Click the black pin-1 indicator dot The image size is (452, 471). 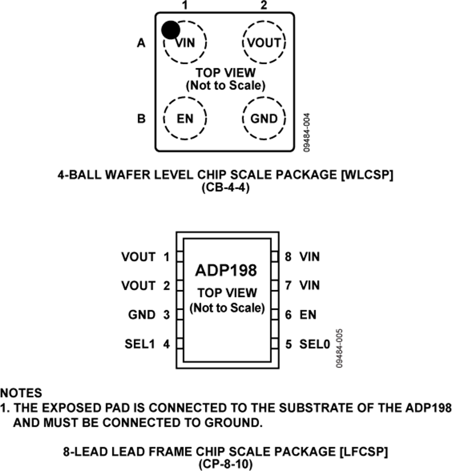[x=171, y=30]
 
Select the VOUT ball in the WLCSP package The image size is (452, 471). [x=264, y=42]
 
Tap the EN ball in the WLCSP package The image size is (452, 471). [x=185, y=119]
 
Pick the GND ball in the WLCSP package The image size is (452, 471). [x=264, y=119]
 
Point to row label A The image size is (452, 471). [x=141, y=44]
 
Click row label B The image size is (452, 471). [x=141, y=119]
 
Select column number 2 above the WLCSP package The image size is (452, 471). [x=264, y=6]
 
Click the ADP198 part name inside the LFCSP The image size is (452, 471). [x=226, y=271]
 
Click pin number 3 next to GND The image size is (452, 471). [x=166, y=315]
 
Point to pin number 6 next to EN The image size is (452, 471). [x=288, y=315]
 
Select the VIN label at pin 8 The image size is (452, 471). [x=309, y=257]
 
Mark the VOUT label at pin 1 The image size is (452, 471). [x=138, y=257]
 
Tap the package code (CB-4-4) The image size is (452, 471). [x=226, y=186]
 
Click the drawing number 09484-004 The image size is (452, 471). [x=307, y=132]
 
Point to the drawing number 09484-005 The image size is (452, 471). [x=340, y=350]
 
